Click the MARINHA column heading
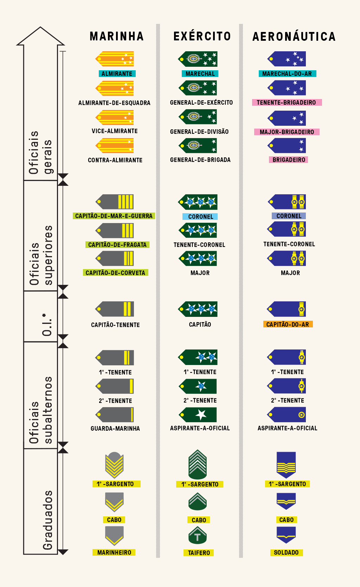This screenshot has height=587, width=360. pyautogui.click(x=117, y=36)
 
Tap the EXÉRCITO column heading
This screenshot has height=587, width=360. pyautogui.click(x=202, y=36)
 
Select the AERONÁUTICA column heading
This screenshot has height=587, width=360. pyautogui.click(x=294, y=37)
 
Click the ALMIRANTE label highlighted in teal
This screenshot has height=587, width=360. pyautogui.click(x=117, y=74)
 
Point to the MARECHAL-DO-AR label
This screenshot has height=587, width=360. pyautogui.click(x=287, y=74)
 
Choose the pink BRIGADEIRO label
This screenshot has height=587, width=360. pyautogui.click(x=289, y=160)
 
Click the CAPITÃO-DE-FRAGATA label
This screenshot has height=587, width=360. pyautogui.click(x=117, y=245)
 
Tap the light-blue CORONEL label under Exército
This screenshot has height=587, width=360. pyautogui.click(x=200, y=217)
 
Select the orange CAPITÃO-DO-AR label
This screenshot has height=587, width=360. pyautogui.click(x=288, y=324)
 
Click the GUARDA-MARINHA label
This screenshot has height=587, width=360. pyautogui.click(x=115, y=429)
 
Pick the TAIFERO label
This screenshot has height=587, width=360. pyautogui.click(x=199, y=553)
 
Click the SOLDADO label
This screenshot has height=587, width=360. pyautogui.click(x=286, y=553)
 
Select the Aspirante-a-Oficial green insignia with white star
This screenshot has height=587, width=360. pyautogui.click(x=198, y=415)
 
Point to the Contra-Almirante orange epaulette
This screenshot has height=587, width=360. pyautogui.click(x=115, y=146)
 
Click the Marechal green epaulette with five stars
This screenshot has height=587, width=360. pyautogui.click(x=198, y=59)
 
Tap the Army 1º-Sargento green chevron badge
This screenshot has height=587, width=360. pyautogui.click(x=198, y=464)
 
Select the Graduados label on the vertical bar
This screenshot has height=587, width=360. pyautogui.click(x=47, y=520)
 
